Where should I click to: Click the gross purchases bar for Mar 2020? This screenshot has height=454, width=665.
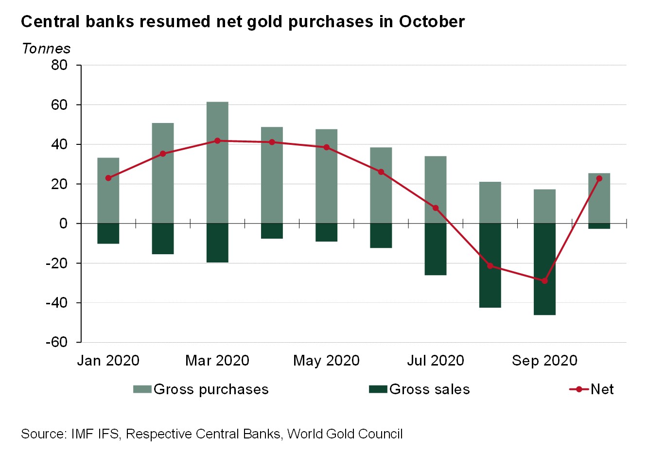click(217, 163)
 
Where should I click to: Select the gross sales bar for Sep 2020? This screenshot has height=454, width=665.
click(544, 269)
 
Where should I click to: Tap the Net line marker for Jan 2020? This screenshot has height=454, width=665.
click(108, 178)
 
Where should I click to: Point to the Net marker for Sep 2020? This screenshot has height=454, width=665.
click(544, 281)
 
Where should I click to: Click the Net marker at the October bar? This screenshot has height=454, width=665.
click(599, 178)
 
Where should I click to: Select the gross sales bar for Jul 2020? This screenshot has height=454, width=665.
click(436, 249)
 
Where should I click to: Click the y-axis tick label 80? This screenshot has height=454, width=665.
click(59, 65)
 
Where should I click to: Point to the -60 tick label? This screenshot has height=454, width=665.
click(56, 342)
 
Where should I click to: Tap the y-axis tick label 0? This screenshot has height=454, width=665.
click(64, 224)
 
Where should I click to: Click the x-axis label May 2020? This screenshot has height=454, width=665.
click(326, 361)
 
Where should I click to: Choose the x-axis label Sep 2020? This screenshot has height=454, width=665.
click(544, 361)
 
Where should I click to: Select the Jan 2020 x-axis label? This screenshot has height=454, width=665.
click(108, 361)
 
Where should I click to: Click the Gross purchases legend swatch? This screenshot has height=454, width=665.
click(142, 389)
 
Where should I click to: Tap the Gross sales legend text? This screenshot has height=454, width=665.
click(430, 389)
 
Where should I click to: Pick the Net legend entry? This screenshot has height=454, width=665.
click(602, 389)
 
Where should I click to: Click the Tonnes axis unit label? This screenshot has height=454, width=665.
click(46, 49)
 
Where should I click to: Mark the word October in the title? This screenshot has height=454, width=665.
click(432, 22)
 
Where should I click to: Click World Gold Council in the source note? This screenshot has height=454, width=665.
click(345, 434)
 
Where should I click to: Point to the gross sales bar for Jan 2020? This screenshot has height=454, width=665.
click(108, 233)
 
